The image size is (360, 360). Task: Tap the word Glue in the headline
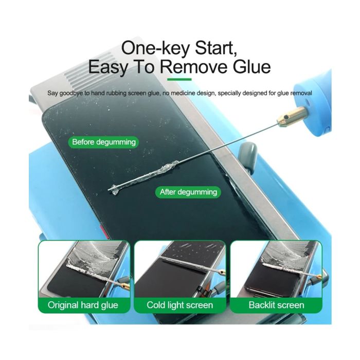coord(251,67)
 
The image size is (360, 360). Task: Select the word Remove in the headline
coord(194,67)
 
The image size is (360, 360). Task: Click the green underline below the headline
coord(179,79)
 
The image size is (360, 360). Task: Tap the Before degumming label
coord(104,142)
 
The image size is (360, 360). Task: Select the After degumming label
coord(188,192)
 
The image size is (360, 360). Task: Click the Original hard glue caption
coord(83,305)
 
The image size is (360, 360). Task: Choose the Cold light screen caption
coord(180,305)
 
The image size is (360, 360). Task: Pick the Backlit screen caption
coord(276,305)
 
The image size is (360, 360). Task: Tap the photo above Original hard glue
coord(84,269)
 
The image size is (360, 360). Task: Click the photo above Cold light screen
coord(180,269)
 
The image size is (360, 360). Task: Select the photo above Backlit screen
coord(276,269)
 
